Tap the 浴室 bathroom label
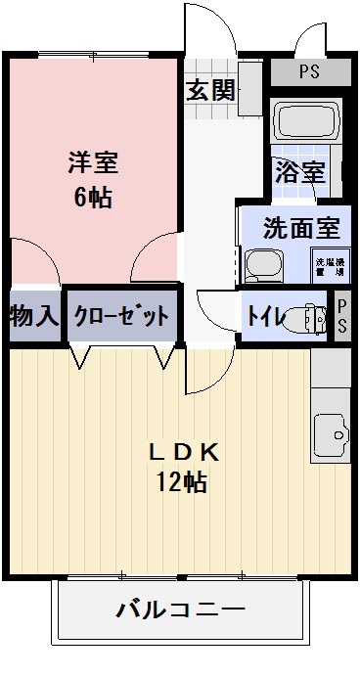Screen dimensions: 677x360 click(x=299, y=172)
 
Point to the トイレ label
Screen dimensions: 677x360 click(x=264, y=316)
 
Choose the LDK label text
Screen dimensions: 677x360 click(x=182, y=452)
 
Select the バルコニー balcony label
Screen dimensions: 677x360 click(x=181, y=611)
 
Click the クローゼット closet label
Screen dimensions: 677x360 click(x=122, y=316)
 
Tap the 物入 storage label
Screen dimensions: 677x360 click(x=33, y=316)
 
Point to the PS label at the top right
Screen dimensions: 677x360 click(x=309, y=71)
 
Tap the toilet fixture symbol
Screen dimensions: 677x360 click(x=312, y=318)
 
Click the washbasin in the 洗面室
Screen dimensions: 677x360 click(x=261, y=264)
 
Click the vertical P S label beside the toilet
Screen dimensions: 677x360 click(x=342, y=316)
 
